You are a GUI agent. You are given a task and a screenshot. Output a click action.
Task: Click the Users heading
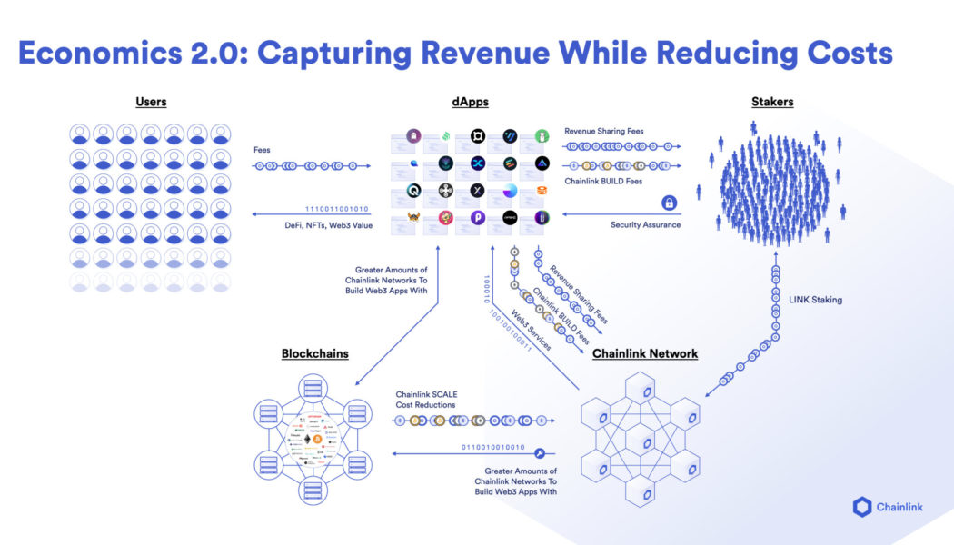pyautogui.click(x=151, y=102)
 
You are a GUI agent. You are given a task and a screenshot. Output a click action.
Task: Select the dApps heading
pyautogui.click(x=471, y=102)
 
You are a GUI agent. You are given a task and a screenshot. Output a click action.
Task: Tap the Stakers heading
pyautogui.click(x=771, y=102)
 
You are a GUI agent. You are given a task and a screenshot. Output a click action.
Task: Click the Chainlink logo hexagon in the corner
pyautogui.click(x=862, y=507)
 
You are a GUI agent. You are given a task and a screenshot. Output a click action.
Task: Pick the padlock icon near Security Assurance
pyautogui.click(x=669, y=203)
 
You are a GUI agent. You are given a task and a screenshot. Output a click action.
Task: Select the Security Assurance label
pyautogui.click(x=646, y=224)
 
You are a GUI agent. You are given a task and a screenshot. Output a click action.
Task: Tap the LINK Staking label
pyautogui.click(x=816, y=300)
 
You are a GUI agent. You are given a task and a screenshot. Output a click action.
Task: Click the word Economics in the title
pyautogui.click(x=106, y=53)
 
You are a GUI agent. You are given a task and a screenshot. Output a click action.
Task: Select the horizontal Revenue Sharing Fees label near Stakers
pyautogui.click(x=603, y=131)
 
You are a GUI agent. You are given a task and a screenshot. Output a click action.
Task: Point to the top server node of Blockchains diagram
pyautogui.click(x=314, y=390)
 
